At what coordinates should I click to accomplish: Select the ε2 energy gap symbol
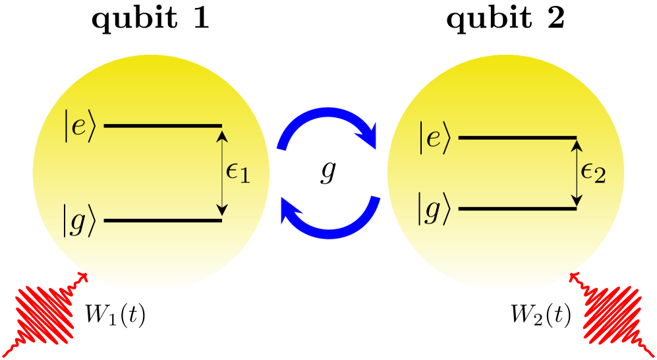592,174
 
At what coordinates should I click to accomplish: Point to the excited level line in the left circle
163,125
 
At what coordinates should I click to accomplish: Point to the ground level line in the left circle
163,220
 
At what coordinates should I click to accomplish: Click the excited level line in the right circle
517,138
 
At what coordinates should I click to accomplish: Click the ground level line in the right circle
517,209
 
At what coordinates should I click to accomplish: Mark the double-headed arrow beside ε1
222,173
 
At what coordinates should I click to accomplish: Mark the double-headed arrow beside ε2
577,173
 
